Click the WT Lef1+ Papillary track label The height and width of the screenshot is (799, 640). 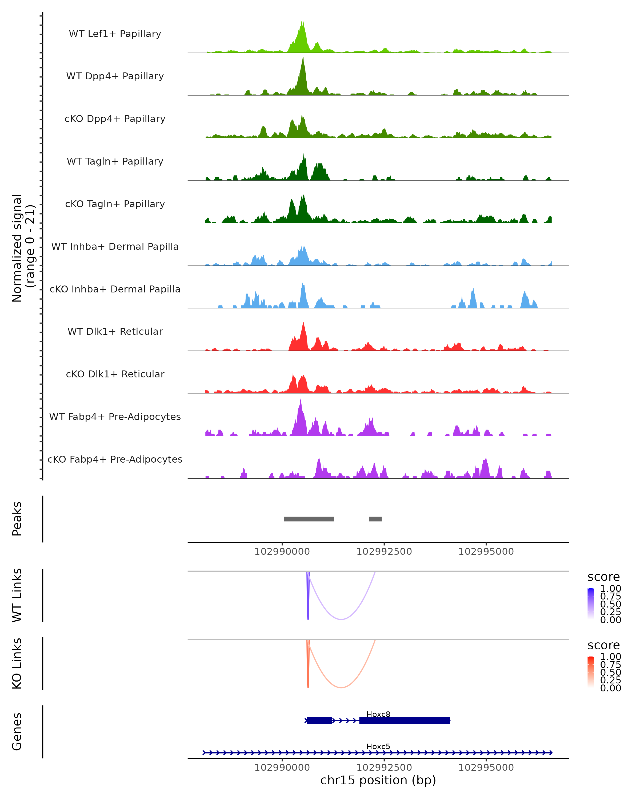pyautogui.click(x=115, y=34)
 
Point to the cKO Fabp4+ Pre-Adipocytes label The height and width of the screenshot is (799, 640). pyautogui.click(x=115, y=459)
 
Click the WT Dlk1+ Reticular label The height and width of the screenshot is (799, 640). pyautogui.click(x=115, y=331)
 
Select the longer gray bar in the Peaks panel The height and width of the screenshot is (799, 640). pyautogui.click(x=309, y=519)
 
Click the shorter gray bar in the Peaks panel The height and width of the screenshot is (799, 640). pyautogui.click(x=375, y=519)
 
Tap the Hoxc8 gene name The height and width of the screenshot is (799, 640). pyautogui.click(x=378, y=714)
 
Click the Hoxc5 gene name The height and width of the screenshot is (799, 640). pyautogui.click(x=378, y=746)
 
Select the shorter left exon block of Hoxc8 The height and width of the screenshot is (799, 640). pyautogui.click(x=319, y=720)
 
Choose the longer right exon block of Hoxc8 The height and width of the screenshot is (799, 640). pyautogui.click(x=405, y=720)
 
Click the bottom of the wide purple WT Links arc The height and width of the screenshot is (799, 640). pyautogui.click(x=341, y=619)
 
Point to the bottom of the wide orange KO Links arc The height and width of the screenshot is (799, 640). pyautogui.click(x=341, y=687)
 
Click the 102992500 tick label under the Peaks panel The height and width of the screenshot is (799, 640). pyautogui.click(x=384, y=552)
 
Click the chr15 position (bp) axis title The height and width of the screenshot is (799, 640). pyautogui.click(x=378, y=780)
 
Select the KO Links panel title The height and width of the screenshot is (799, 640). pyautogui.click(x=17, y=663)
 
